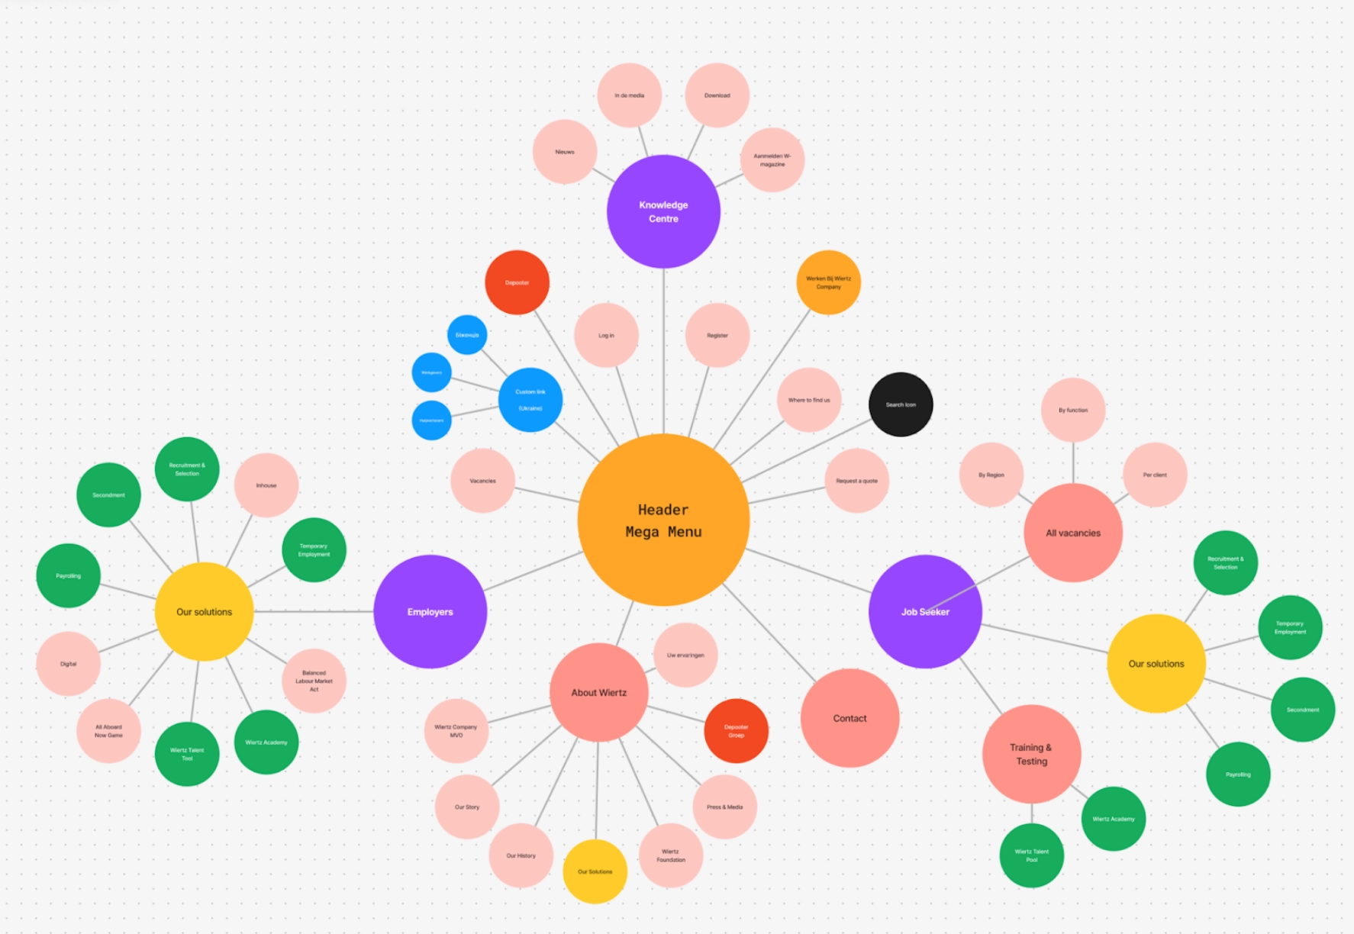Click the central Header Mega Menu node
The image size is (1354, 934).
point(663,520)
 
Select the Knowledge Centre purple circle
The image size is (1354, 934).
point(663,211)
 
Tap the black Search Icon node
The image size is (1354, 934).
point(901,404)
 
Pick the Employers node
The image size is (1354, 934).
point(430,611)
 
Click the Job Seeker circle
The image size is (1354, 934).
point(925,611)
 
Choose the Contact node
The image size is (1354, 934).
point(849,718)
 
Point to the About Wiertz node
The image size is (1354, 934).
point(599,692)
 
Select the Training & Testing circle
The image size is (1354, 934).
point(1031,754)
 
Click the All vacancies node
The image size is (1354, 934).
point(1073,533)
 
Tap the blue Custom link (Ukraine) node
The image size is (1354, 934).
point(530,400)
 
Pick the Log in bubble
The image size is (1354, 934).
point(606,335)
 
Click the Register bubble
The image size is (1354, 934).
point(717,335)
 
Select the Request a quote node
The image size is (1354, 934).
point(856,481)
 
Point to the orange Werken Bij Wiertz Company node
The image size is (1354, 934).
point(828,282)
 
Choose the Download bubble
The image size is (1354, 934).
point(717,95)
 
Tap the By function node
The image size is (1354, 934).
point(1073,410)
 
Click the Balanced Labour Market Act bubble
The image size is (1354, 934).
point(314,681)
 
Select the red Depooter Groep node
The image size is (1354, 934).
point(736,731)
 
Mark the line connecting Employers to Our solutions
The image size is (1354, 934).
point(313,611)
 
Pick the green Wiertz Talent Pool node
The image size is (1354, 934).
point(1031,855)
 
